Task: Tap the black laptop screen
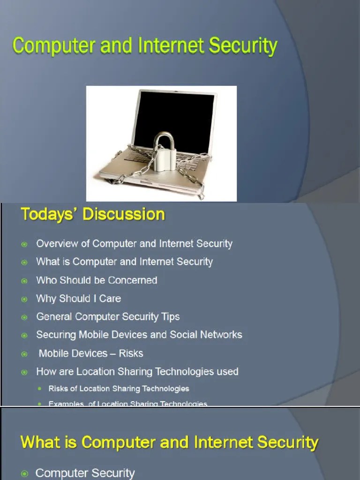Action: pyautogui.click(x=173, y=117)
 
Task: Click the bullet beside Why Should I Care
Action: pyautogui.click(x=24, y=299)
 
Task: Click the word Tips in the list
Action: pyautogui.click(x=170, y=317)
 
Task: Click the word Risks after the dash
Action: pyautogui.click(x=131, y=353)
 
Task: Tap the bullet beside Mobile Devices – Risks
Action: pyautogui.click(x=24, y=354)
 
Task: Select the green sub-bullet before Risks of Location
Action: pyautogui.click(x=39, y=389)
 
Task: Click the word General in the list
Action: pyautogui.click(x=54, y=317)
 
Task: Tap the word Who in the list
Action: pyautogui.click(x=46, y=280)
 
